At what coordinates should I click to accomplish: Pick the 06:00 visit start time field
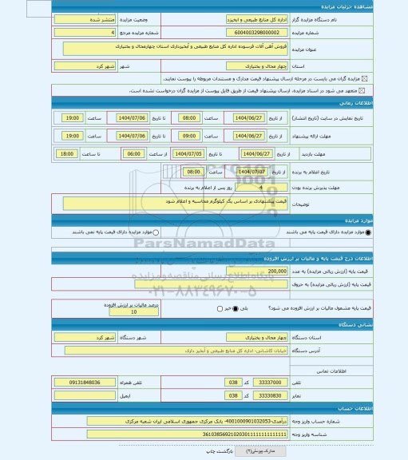point(133,153)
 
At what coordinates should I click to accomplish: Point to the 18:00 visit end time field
point(66,153)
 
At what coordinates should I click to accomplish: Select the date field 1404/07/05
point(186,153)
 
